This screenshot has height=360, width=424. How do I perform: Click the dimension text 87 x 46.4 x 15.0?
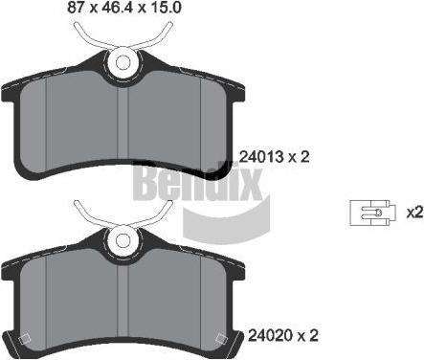(x=124, y=8)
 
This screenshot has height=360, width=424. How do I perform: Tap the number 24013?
(x=261, y=157)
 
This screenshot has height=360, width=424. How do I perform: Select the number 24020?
(x=271, y=336)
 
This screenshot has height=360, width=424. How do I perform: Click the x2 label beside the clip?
(x=414, y=213)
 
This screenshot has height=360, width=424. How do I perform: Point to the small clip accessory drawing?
(x=373, y=214)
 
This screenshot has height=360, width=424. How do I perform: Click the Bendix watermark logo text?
(x=199, y=182)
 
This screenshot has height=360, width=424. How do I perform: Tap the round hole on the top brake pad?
(x=123, y=62)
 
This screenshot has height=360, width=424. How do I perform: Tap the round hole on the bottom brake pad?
(x=123, y=241)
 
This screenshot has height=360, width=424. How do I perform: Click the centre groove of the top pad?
(x=123, y=124)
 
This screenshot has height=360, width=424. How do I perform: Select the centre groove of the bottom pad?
(x=123, y=302)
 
